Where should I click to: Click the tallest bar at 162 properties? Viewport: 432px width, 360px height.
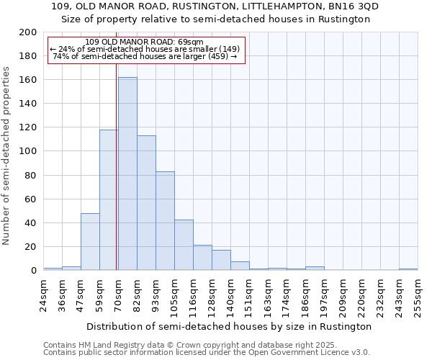(x=127, y=174)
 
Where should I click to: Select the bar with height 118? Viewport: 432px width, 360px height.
(x=109, y=199)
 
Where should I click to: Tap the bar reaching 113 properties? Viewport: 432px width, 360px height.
(x=146, y=202)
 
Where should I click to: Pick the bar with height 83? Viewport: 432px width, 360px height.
(x=165, y=220)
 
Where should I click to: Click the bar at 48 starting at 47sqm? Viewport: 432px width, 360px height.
(x=90, y=241)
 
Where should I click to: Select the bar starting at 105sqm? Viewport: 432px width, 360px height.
(x=184, y=245)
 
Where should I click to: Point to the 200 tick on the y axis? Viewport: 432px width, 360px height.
(x=28, y=32)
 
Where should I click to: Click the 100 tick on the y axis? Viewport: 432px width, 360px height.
(x=28, y=151)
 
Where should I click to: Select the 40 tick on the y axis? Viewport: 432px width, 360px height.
(x=31, y=222)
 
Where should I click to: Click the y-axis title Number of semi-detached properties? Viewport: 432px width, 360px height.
(x=7, y=155)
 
